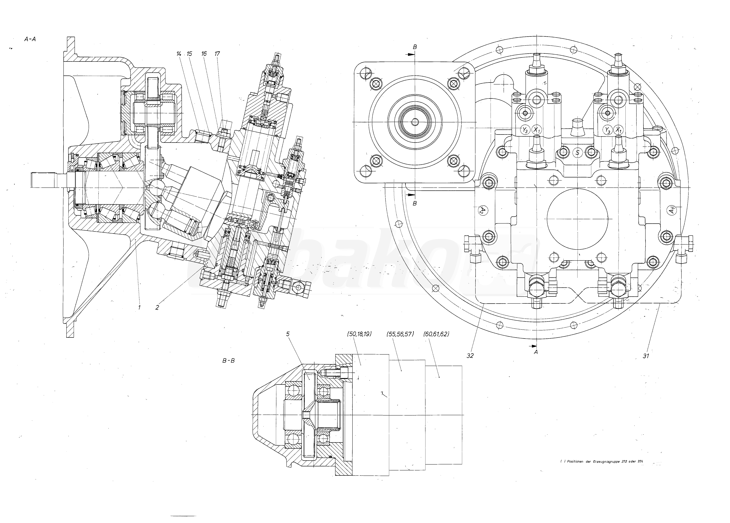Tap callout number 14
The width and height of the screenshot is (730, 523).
point(179,54)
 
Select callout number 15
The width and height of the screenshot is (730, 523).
point(189,54)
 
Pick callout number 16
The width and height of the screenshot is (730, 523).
point(204,54)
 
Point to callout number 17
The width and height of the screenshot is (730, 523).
point(217,54)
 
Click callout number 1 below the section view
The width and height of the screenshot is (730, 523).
point(139,307)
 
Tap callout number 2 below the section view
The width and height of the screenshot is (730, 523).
point(157,307)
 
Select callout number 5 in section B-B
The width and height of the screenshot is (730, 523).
point(288,334)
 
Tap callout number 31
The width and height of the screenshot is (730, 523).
point(646,356)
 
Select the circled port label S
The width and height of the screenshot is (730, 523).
point(578,153)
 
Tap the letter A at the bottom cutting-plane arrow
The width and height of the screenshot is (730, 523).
point(536,352)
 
